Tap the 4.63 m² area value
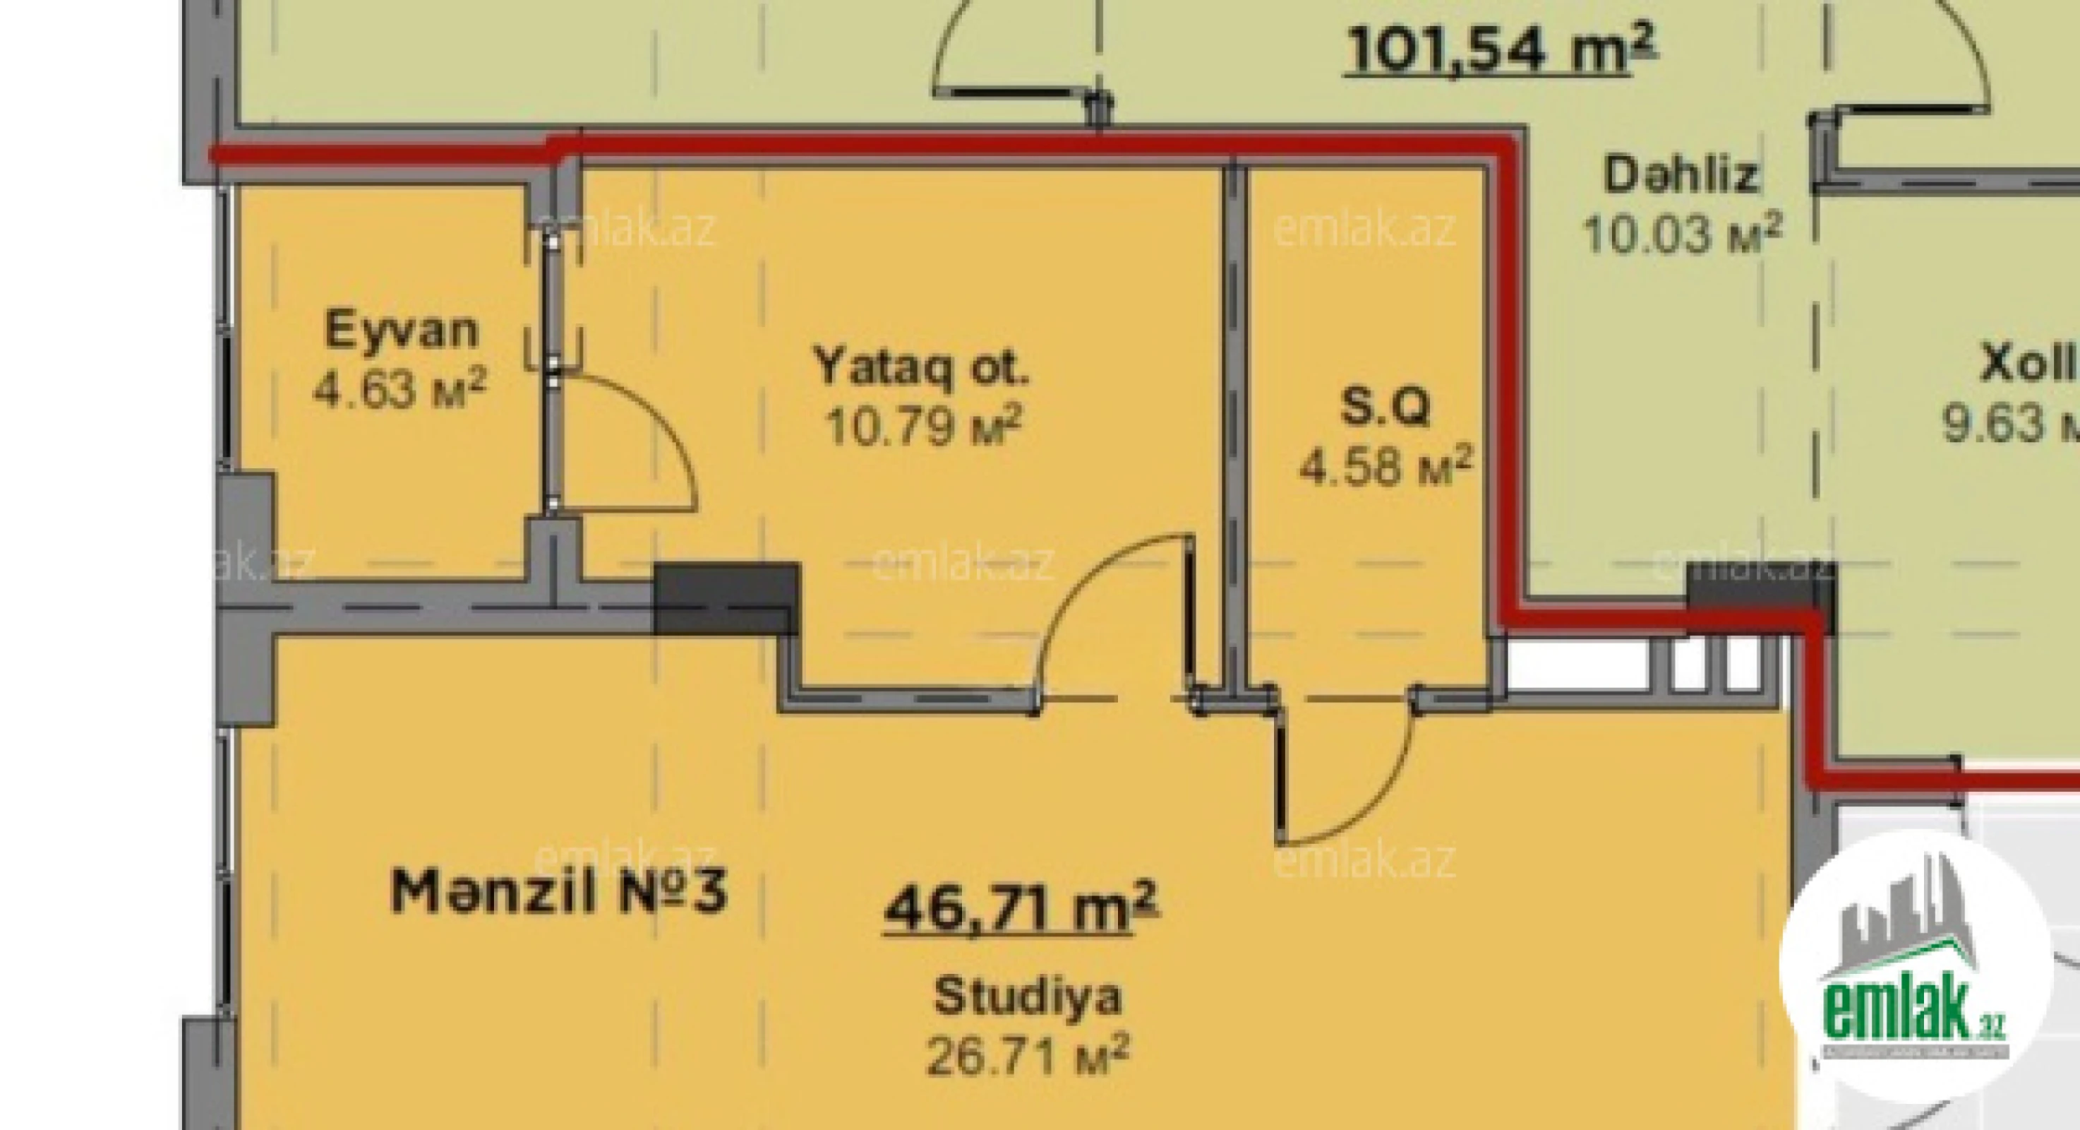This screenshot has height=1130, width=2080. click(x=399, y=389)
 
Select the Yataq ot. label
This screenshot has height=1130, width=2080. click(x=922, y=367)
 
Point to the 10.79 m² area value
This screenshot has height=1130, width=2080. click(x=924, y=426)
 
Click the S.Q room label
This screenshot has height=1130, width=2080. click(x=1385, y=407)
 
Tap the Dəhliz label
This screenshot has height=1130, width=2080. click(x=1681, y=175)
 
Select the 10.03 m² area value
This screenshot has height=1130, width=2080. click(x=1681, y=234)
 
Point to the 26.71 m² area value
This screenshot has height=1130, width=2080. click(x=1027, y=1056)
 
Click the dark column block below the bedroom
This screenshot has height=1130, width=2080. click(x=725, y=598)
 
